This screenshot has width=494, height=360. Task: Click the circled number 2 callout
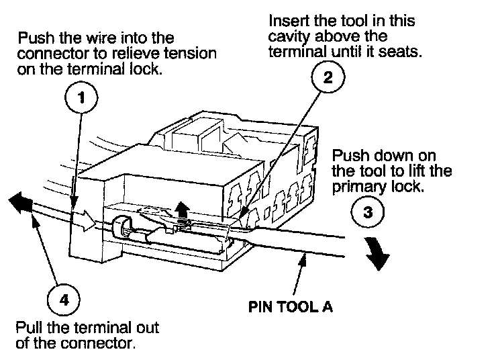point(328,78)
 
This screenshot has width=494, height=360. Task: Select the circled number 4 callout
point(63,300)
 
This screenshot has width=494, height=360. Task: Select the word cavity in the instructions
point(285,37)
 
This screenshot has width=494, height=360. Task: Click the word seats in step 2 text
point(404,52)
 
